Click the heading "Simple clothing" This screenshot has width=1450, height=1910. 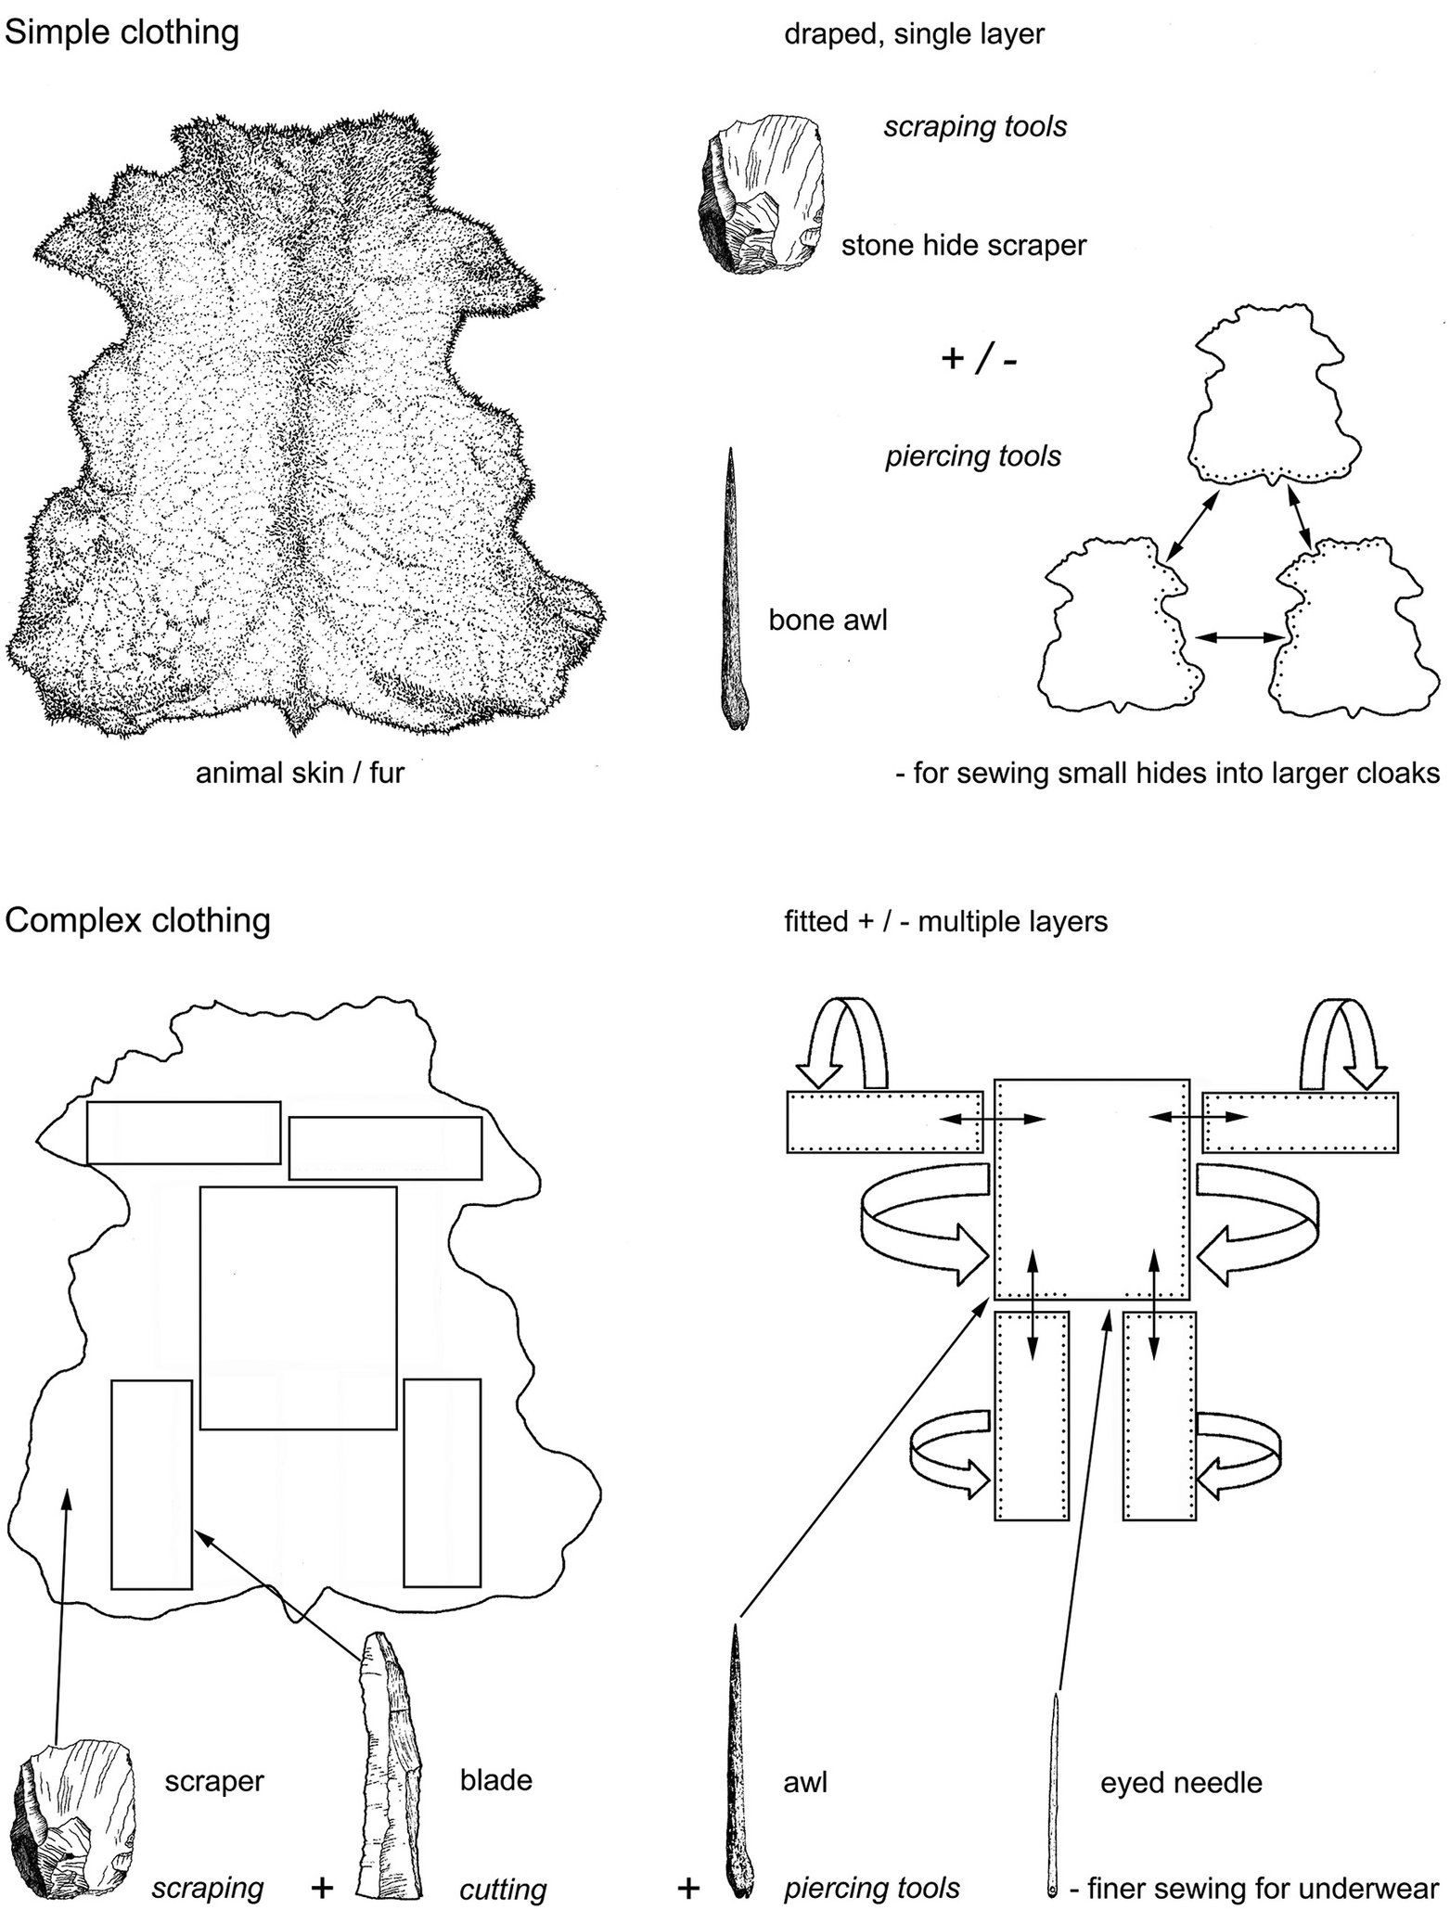pos(122,32)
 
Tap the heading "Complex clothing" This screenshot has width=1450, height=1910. pos(137,920)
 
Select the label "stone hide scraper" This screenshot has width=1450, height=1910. pos(964,246)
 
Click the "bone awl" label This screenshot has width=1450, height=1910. pos(828,620)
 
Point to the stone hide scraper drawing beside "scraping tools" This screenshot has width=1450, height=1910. pos(762,194)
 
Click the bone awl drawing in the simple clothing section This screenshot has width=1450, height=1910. pos(734,589)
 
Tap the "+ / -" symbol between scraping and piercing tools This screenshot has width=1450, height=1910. pos(979,358)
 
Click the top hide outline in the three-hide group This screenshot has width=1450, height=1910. pos(1273,394)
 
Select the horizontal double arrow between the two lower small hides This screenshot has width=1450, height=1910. pos(1239,636)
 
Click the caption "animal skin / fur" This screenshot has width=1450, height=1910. pos(300,773)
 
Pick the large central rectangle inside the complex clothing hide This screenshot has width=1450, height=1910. pos(299,1308)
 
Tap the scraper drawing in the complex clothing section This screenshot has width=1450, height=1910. pos(74,1816)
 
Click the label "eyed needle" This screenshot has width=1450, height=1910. pos(1181,1783)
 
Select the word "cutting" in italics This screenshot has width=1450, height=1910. pos(503,1890)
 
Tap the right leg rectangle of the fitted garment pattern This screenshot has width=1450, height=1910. pos(1159,1416)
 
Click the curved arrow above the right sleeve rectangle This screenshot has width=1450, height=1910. pos(1340,1044)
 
